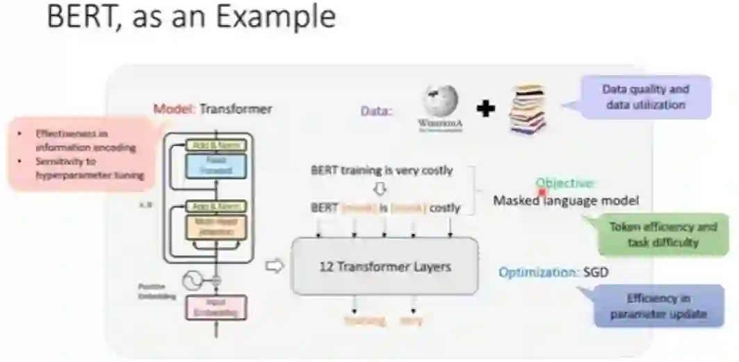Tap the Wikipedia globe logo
pyautogui.click(x=439, y=104)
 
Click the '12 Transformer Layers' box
pyautogui.click(x=384, y=266)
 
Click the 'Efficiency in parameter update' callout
pyautogui.click(x=658, y=306)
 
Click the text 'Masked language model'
pyautogui.click(x=566, y=200)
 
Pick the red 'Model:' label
pyautogui.click(x=174, y=109)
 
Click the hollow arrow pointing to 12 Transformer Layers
pyautogui.click(x=276, y=266)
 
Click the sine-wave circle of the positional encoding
pyautogui.click(x=191, y=281)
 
